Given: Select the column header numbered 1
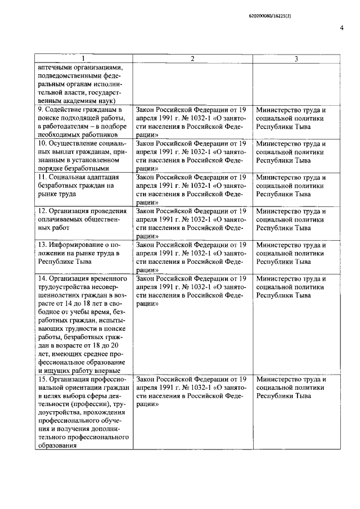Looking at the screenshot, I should (x=83, y=59).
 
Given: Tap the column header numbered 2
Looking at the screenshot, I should (x=192, y=59).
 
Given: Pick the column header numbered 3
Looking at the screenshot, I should (x=296, y=59).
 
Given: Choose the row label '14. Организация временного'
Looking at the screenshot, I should (x=82, y=324).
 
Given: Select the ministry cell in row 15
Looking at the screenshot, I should (x=290, y=388).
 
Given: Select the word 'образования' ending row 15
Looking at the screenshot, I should (x=57, y=447).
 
